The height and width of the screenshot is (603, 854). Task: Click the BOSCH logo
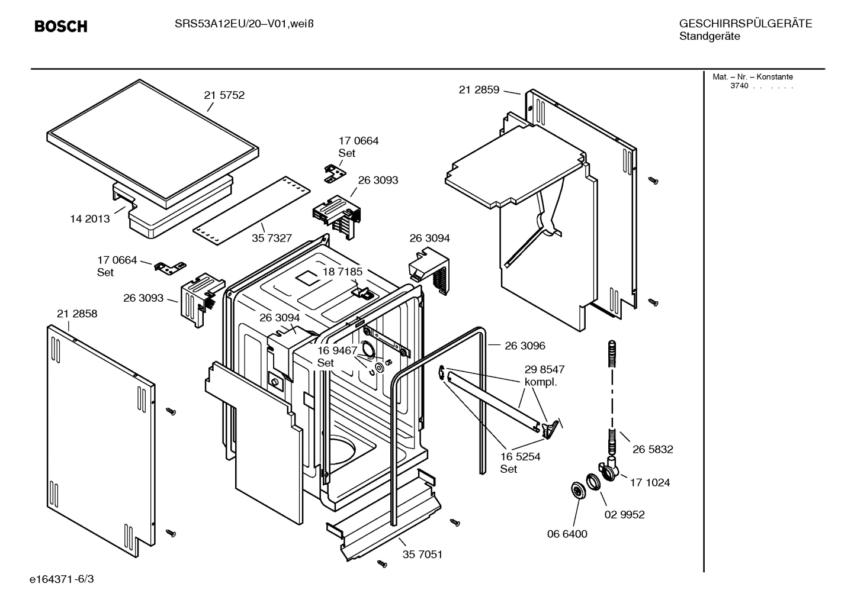click(x=60, y=27)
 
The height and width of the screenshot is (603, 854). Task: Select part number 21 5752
click(x=224, y=95)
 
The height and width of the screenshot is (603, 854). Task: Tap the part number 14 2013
click(x=90, y=219)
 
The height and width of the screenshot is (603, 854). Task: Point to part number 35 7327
click(x=272, y=238)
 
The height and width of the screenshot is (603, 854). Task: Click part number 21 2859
click(x=479, y=90)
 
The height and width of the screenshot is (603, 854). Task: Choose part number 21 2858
click(x=77, y=314)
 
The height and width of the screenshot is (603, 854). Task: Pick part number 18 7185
click(x=342, y=272)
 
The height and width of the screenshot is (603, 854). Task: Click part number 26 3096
click(x=525, y=346)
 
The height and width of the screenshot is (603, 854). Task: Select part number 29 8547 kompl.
click(x=544, y=375)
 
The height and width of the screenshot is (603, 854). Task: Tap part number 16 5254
click(x=520, y=457)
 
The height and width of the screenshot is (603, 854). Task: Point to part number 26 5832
click(x=653, y=449)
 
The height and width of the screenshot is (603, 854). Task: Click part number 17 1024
click(x=650, y=482)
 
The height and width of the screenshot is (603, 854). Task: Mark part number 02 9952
click(x=624, y=514)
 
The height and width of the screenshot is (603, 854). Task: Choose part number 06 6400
click(x=567, y=534)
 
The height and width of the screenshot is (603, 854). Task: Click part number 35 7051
click(x=422, y=554)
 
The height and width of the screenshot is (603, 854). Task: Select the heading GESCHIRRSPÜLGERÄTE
click(x=745, y=24)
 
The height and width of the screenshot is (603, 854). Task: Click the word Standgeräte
click(x=709, y=37)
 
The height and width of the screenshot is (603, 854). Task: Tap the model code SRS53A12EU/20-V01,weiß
click(x=244, y=24)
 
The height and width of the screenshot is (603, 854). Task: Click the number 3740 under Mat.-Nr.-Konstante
click(x=739, y=86)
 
